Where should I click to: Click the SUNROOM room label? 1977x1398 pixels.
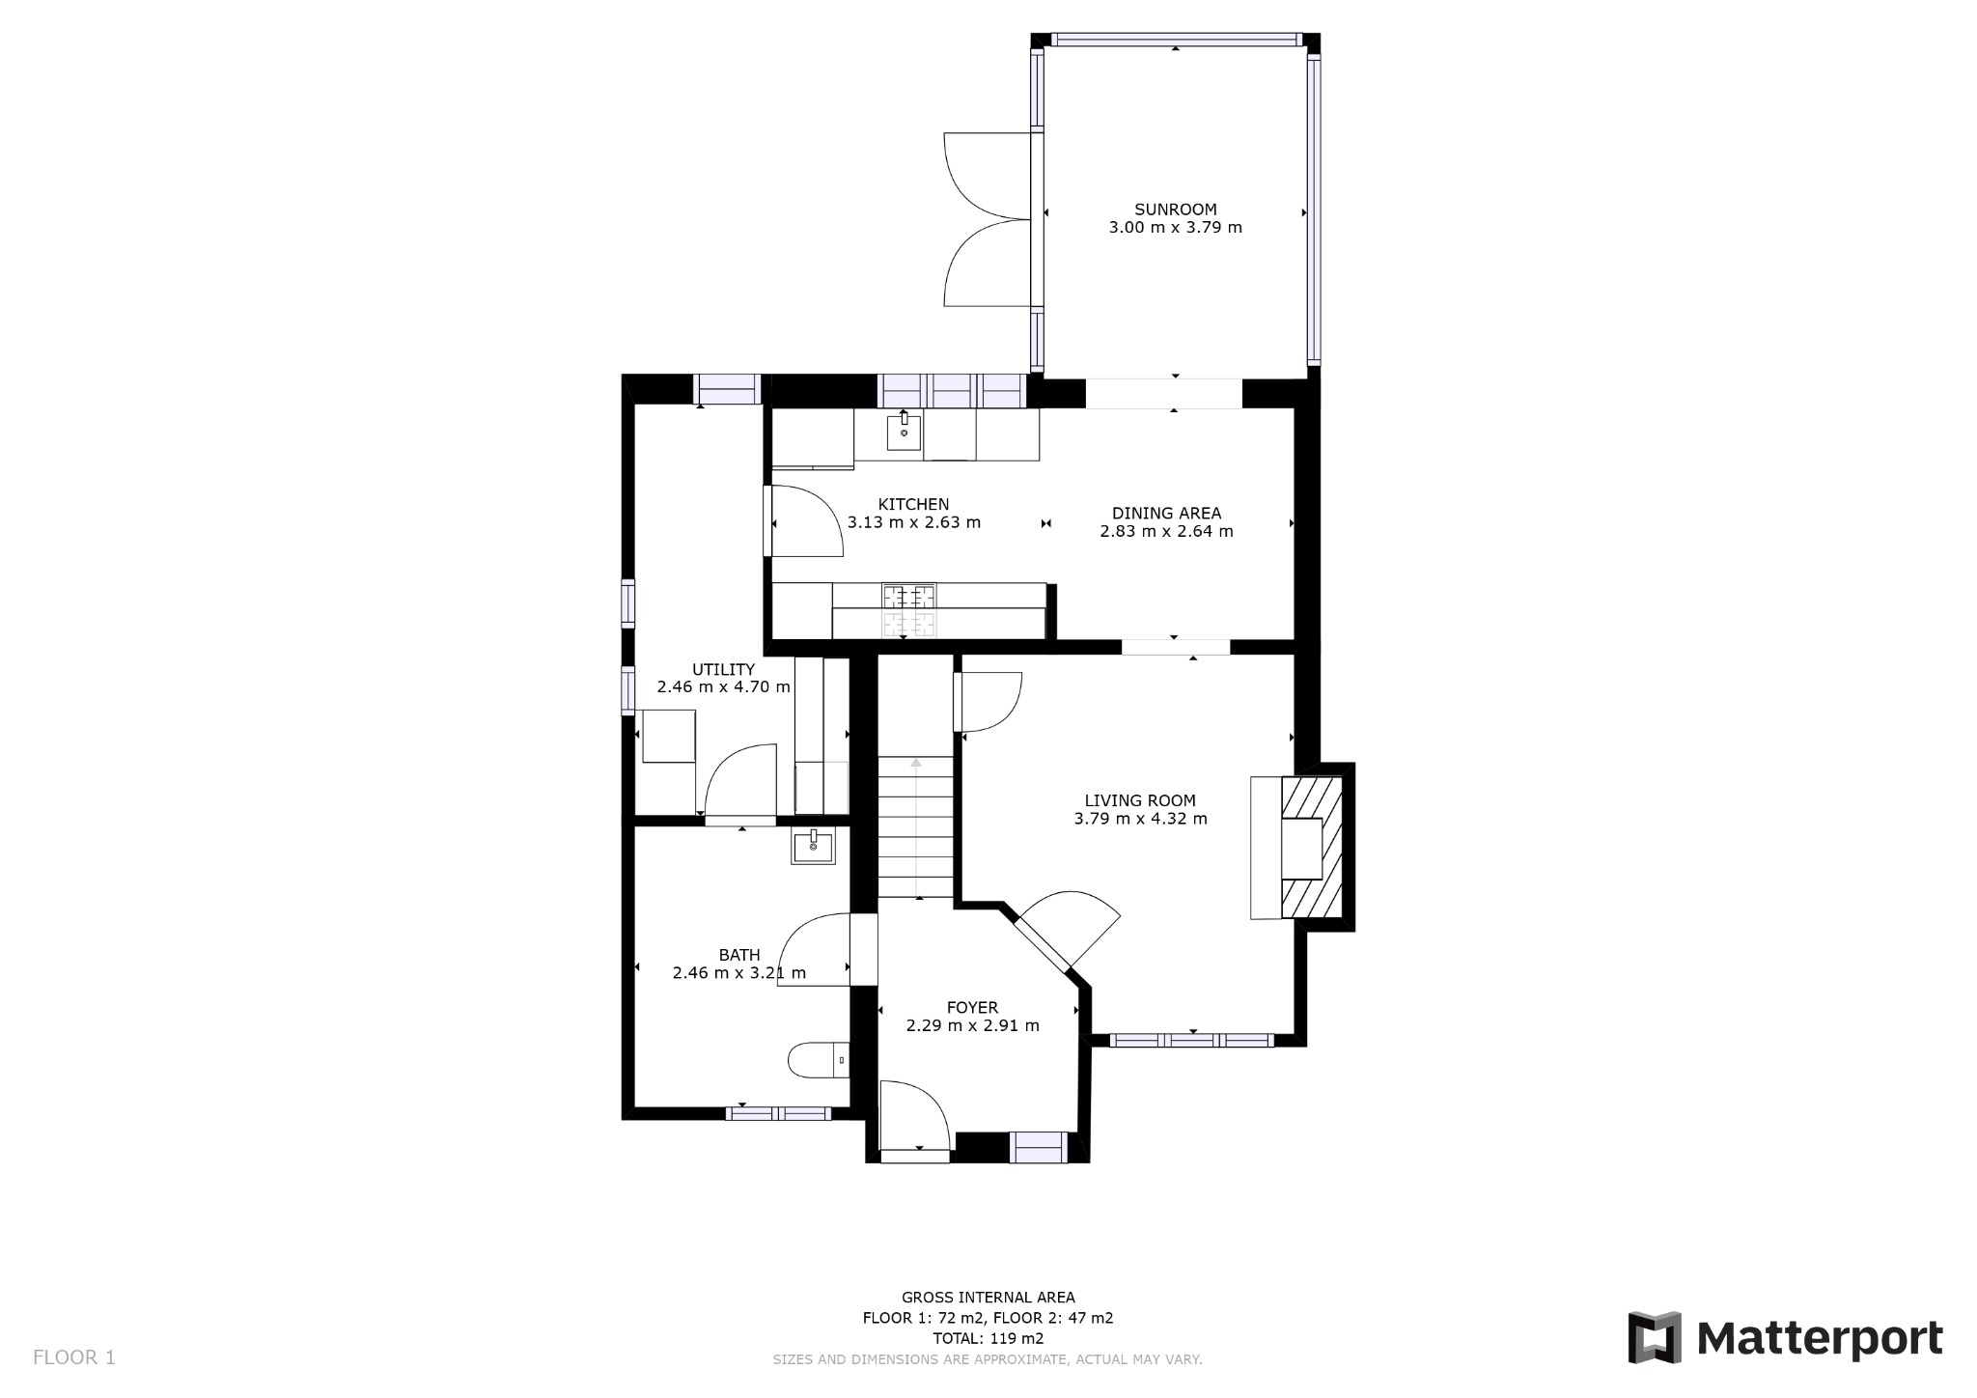tap(1175, 210)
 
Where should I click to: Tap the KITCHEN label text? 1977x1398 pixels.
tap(913, 504)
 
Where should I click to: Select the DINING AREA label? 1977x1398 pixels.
tap(1166, 513)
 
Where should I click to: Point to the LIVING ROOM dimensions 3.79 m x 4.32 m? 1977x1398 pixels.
tap(1140, 819)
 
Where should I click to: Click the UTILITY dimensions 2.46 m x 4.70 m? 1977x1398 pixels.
tap(723, 687)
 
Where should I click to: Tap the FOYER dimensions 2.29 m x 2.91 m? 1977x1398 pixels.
tap(972, 1025)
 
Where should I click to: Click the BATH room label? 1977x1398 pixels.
tap(739, 955)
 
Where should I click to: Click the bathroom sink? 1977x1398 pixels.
tap(814, 846)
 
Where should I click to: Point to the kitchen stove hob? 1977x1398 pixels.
tap(908, 611)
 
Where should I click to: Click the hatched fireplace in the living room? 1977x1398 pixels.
tap(1311, 847)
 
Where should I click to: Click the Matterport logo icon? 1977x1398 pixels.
tap(1655, 1337)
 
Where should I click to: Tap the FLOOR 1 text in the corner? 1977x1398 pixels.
tap(74, 1357)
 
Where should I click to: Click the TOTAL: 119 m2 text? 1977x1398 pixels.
tap(988, 1338)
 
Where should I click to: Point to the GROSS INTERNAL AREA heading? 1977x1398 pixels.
tap(988, 1298)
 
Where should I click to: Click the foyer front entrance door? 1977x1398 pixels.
tap(916, 1120)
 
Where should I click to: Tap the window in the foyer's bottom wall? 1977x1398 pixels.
tap(1039, 1147)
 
